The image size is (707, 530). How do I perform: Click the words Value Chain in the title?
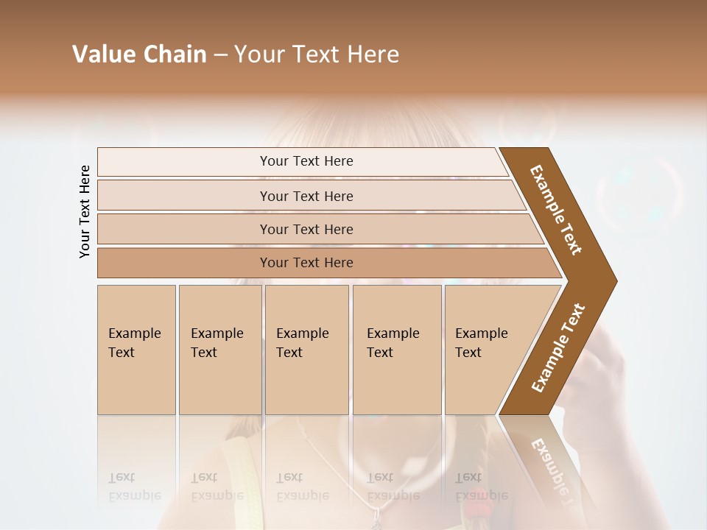(x=139, y=54)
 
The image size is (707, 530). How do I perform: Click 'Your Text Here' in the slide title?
(x=316, y=54)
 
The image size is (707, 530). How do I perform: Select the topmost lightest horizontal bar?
(x=184, y=161)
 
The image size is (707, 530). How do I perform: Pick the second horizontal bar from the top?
(x=184, y=196)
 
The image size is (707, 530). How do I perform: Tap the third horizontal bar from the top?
(x=184, y=229)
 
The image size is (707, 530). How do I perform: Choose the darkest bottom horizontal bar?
(x=184, y=263)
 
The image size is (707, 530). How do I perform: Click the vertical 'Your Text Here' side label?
(x=85, y=212)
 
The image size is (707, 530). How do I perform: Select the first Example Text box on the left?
(x=136, y=350)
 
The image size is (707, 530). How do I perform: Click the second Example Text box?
(x=219, y=350)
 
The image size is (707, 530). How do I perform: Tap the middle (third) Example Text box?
(x=306, y=350)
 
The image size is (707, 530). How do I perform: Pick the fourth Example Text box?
(x=396, y=350)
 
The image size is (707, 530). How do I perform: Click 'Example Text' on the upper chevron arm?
(x=556, y=210)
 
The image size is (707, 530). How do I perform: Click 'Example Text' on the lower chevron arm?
(x=558, y=348)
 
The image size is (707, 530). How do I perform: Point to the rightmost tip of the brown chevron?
(x=616, y=280)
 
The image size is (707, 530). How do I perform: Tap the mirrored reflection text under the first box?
(x=134, y=487)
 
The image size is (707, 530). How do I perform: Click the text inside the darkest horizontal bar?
(x=306, y=263)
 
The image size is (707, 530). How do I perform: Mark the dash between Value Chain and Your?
(x=219, y=55)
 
